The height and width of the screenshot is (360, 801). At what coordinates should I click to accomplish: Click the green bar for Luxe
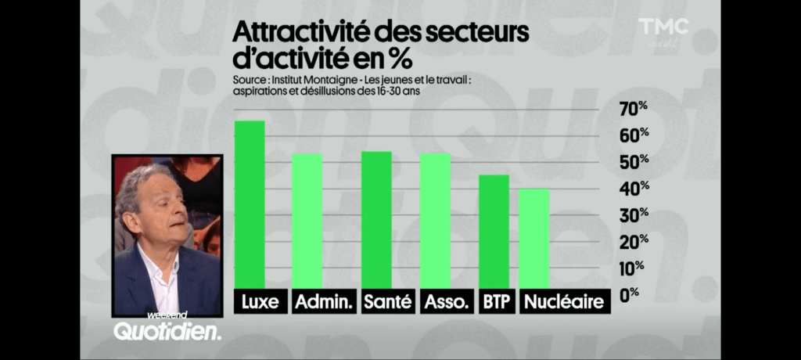[x=250, y=205]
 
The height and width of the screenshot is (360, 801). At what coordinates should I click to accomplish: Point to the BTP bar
[x=494, y=232]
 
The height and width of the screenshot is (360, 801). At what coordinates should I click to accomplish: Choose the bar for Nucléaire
[x=534, y=239]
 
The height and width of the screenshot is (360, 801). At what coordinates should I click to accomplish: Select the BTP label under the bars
[x=494, y=301]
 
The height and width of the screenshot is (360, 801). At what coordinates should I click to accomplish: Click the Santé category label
[x=387, y=301]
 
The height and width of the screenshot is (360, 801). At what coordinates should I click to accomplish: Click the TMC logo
[x=663, y=27]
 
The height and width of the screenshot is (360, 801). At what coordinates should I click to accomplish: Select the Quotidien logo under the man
[x=167, y=331]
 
